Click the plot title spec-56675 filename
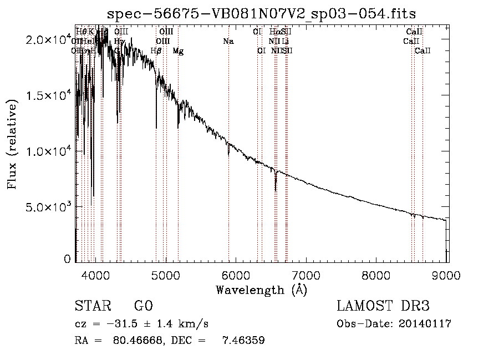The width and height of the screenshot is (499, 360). click(261, 13)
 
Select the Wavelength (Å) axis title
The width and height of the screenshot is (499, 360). click(261, 290)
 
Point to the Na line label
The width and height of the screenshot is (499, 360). click(228, 41)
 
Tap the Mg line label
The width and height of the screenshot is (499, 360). click(178, 51)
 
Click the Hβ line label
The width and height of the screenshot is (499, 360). click(156, 51)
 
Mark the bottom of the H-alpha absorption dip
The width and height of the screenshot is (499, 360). click(276, 190)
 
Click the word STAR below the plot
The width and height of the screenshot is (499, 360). click(91, 306)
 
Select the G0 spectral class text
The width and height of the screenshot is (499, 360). click(143, 306)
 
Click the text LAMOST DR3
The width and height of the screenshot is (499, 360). click(383, 306)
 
